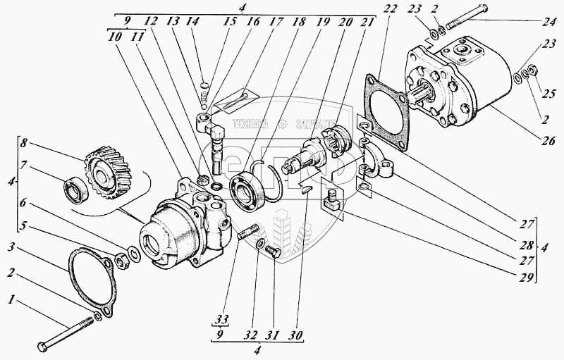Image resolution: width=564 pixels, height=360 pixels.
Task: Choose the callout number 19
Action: (323, 23)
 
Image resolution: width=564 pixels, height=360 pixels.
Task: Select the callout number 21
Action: (366, 23)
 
